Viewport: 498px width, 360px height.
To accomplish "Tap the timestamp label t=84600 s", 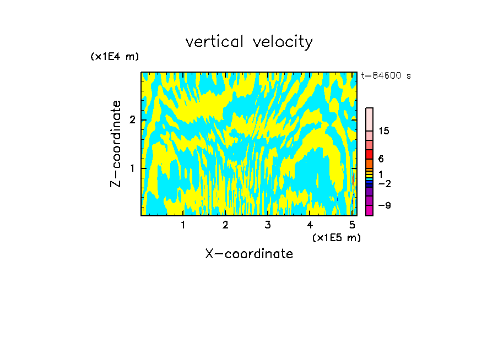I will (x=386, y=76).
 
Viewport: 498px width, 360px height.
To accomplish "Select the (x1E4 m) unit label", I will (x=115, y=57).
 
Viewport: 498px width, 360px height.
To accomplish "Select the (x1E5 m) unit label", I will (x=336, y=237).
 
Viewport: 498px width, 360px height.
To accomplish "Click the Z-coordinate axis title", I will (x=116, y=144).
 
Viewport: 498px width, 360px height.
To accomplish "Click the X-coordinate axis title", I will (x=249, y=254).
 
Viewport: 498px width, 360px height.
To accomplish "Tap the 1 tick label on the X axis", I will (x=183, y=225).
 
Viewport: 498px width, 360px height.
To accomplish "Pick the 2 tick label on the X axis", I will (x=225, y=225).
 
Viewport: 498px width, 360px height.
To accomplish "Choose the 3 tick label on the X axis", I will (x=268, y=225).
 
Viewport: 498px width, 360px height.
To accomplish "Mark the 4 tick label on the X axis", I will (x=310, y=225).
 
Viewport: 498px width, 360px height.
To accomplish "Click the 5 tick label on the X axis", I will (x=352, y=225).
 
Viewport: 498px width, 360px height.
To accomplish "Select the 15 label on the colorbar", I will (x=384, y=131).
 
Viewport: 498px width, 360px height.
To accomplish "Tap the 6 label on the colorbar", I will (x=381, y=159).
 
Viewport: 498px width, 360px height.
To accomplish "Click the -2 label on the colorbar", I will (x=385, y=184).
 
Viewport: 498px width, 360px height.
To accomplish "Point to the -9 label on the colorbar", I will (x=385, y=205).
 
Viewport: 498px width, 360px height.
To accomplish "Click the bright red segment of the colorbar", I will (x=369, y=155).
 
